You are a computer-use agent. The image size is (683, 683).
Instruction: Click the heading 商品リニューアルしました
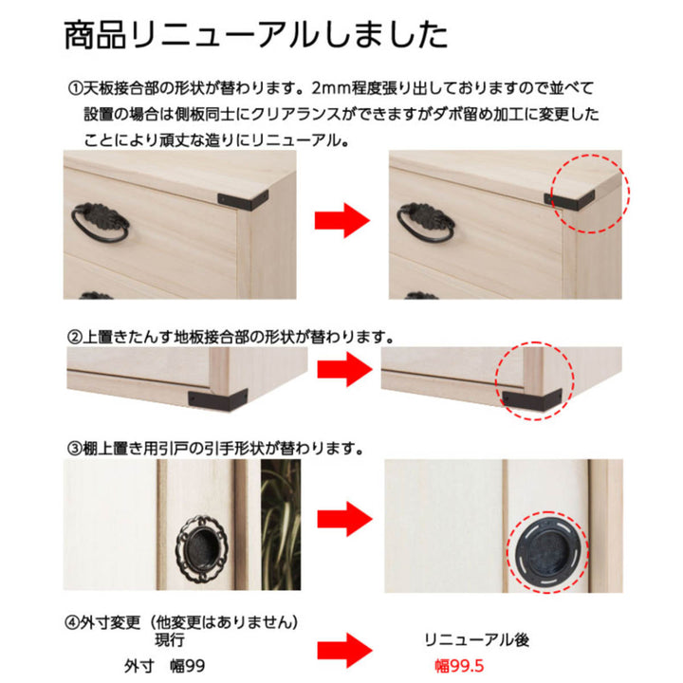[255, 35]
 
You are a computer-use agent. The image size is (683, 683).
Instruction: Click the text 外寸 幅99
[164, 667]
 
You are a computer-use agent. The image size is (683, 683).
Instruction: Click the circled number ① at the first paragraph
[75, 89]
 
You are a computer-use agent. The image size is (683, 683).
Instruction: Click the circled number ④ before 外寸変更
[75, 623]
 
